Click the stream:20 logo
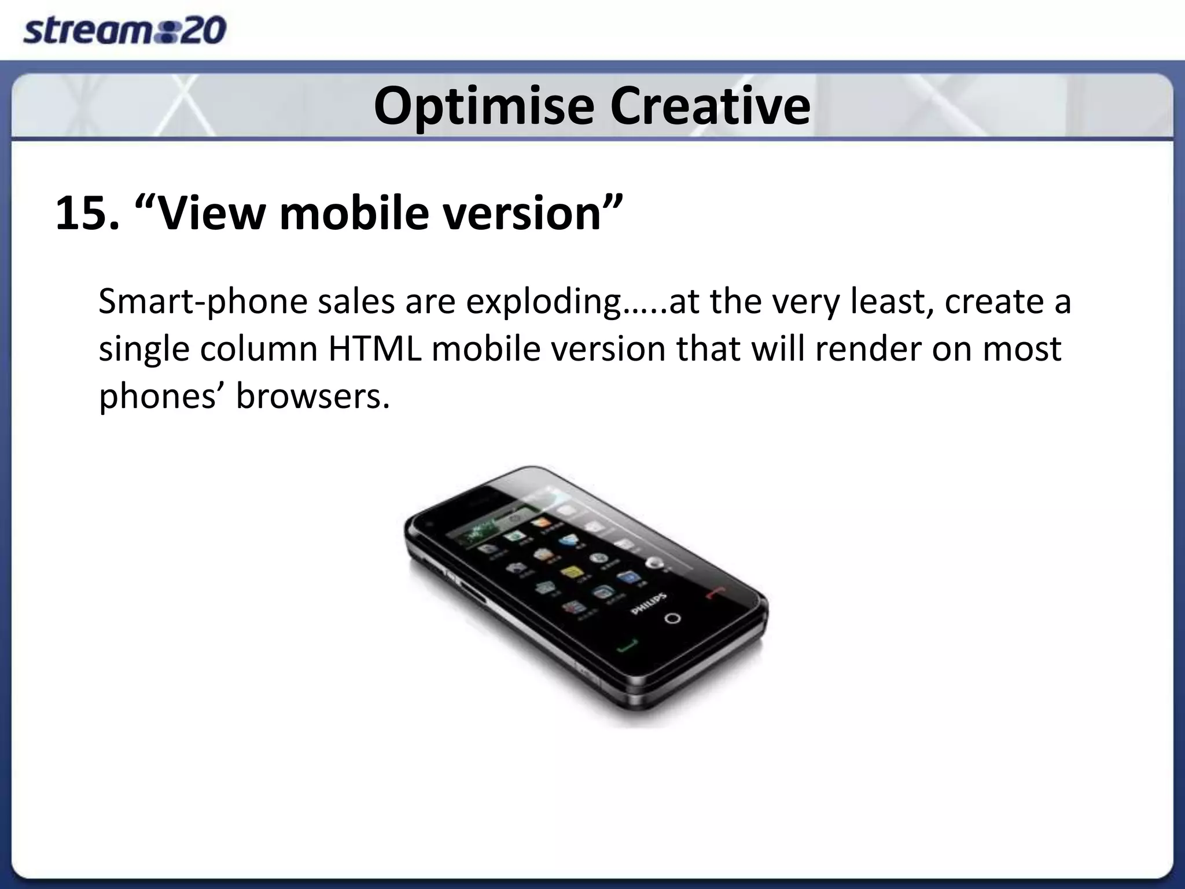coord(124,31)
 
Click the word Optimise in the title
coord(484,106)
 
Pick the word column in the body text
coord(259,349)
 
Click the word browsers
coord(312,397)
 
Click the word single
coord(144,349)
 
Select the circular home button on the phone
coord(672,618)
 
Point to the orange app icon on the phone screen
coord(540,523)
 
